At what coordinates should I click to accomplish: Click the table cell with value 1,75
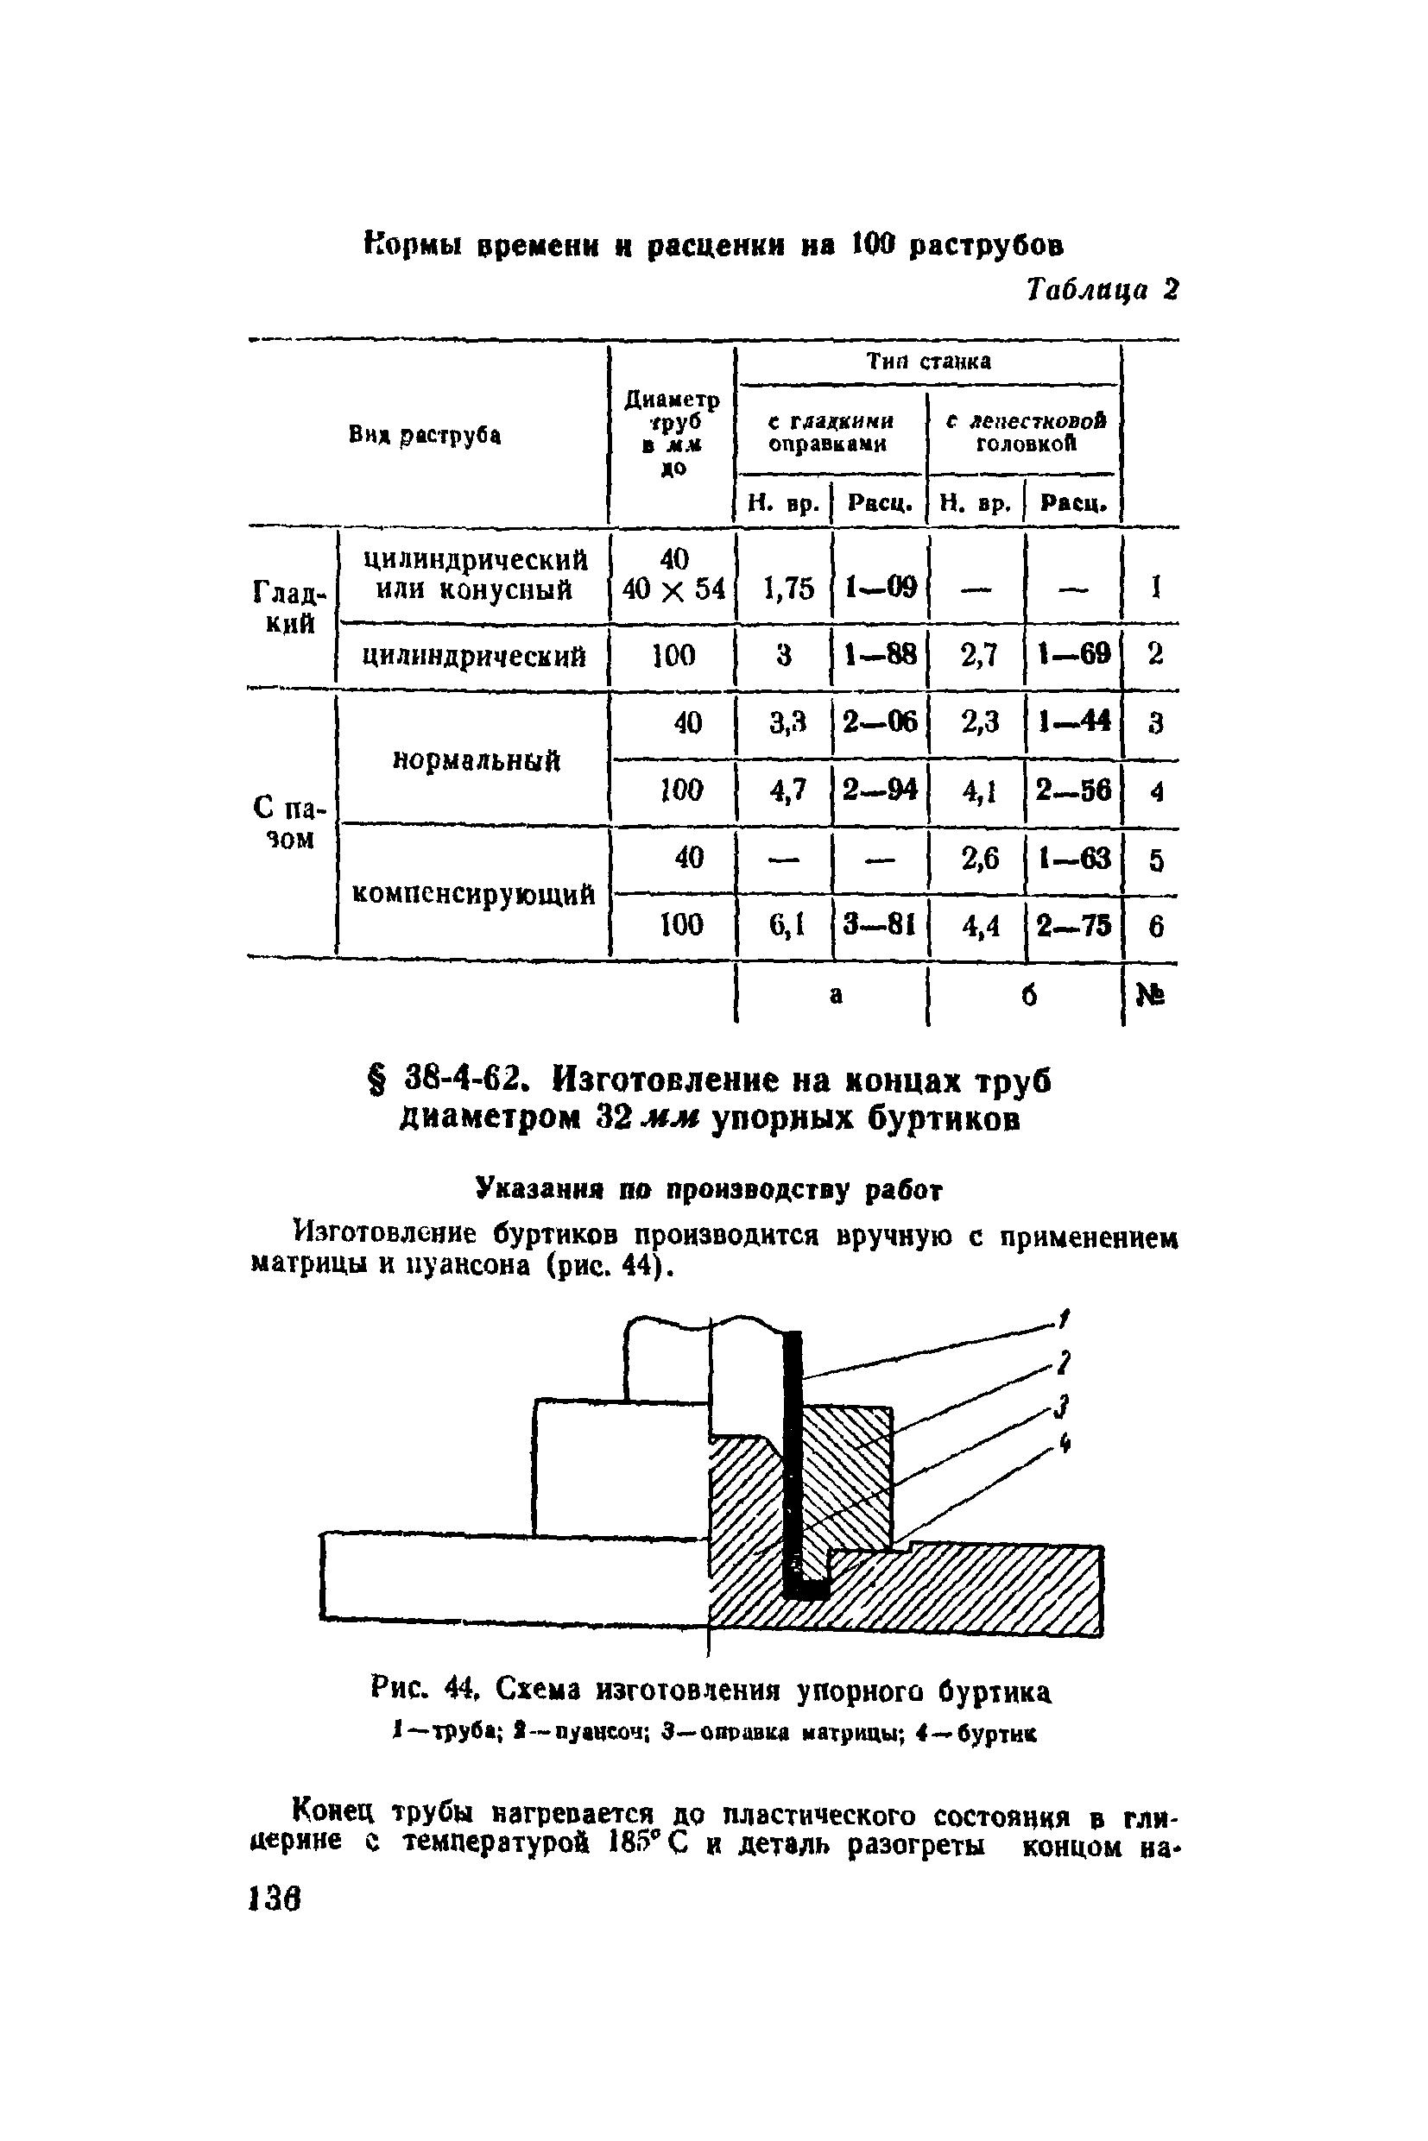[788, 589]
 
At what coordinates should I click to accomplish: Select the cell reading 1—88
[879, 654]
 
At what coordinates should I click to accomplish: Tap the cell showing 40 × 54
[674, 590]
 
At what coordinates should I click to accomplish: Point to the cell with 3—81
[879, 926]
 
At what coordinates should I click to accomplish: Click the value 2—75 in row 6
[1074, 926]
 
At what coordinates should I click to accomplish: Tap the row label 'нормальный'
[476, 760]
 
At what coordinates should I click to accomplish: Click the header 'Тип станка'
[928, 362]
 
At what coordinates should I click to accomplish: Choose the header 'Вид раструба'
[425, 436]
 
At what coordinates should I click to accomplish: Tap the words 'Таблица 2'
[1102, 289]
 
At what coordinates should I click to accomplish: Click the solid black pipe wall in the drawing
[793, 1457]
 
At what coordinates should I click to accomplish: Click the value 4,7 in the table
[787, 790]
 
